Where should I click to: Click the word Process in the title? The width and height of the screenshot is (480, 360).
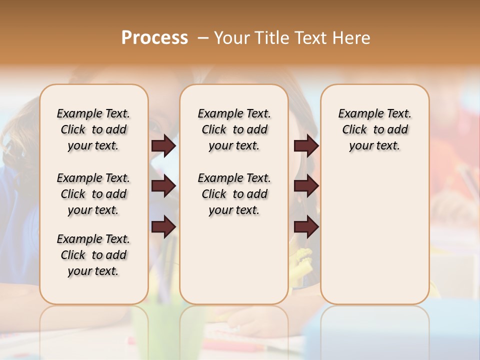tap(154, 37)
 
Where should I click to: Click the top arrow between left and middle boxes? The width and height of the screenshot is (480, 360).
tap(163, 146)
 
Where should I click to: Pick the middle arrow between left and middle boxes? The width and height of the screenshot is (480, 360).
tap(163, 186)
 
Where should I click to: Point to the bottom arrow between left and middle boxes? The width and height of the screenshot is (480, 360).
tap(163, 227)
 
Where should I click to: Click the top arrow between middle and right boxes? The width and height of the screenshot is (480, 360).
tap(306, 146)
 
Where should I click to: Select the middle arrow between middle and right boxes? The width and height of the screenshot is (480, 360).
tap(306, 186)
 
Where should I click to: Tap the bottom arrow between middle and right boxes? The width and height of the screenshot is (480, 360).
tap(306, 227)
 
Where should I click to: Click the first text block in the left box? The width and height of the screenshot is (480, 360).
tap(93, 129)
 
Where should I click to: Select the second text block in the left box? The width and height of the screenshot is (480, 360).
tap(93, 194)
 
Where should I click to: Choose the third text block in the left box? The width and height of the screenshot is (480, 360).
tap(93, 255)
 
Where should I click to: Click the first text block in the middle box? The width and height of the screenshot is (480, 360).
tap(234, 129)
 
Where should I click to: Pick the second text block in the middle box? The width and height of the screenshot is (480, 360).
tap(234, 194)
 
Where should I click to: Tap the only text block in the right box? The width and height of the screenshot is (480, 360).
tap(374, 129)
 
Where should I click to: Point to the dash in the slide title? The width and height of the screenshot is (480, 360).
tap(203, 38)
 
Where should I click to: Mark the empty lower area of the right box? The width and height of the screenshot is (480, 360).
tap(374, 235)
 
